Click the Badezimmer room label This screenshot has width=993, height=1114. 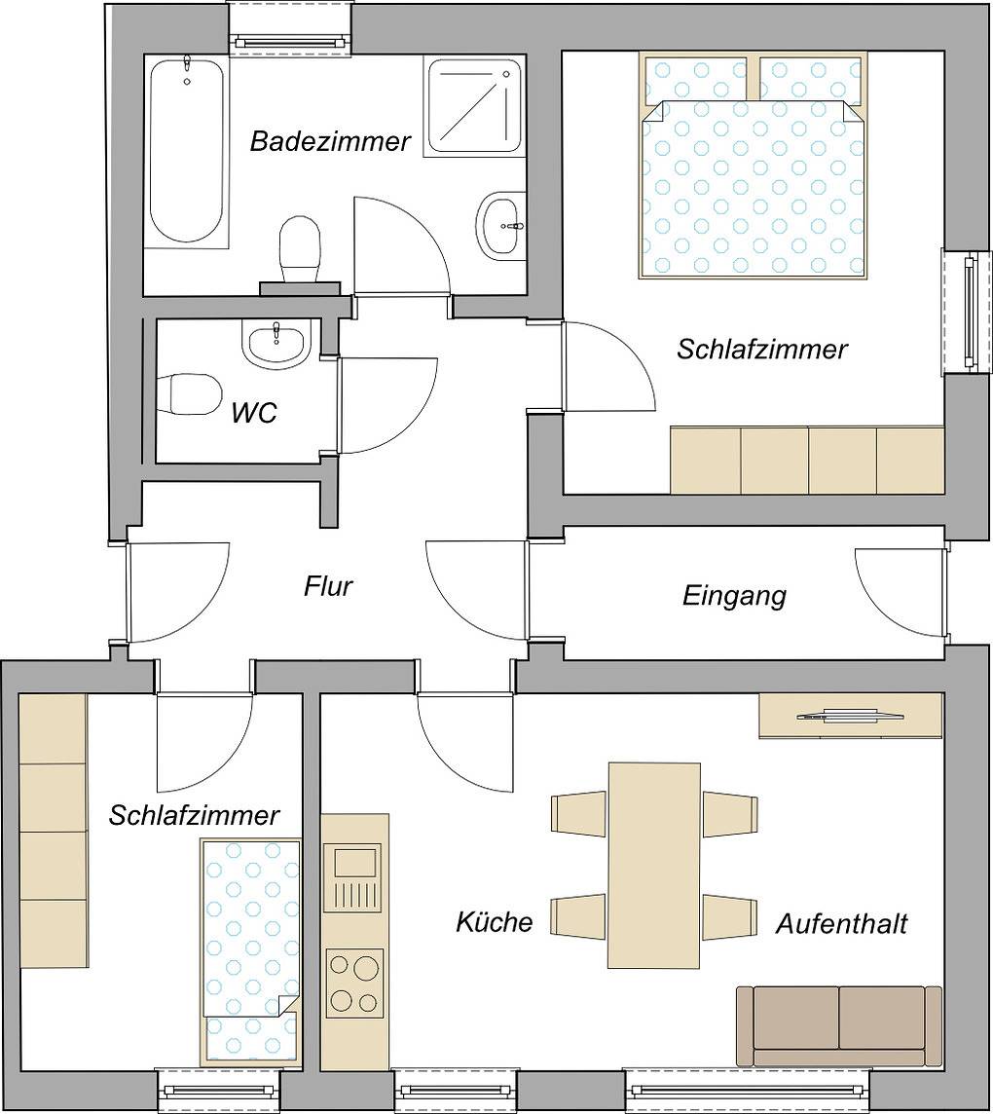click(x=330, y=142)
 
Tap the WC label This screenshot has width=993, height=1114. click(x=254, y=413)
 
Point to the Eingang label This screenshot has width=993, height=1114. click(x=734, y=595)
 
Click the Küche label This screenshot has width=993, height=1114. click(x=495, y=921)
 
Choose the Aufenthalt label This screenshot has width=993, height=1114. click(x=841, y=923)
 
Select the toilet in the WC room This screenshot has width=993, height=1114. click(x=192, y=393)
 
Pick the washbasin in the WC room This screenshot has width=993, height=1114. click(x=276, y=345)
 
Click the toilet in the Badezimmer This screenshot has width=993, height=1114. click(x=300, y=247)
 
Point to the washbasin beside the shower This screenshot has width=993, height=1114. click(x=501, y=225)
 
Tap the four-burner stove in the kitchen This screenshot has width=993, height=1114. click(x=354, y=984)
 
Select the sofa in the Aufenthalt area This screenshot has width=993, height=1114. click(x=838, y=1024)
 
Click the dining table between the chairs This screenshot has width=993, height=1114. click(x=653, y=865)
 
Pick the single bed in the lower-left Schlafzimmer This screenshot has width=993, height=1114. click(x=248, y=949)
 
